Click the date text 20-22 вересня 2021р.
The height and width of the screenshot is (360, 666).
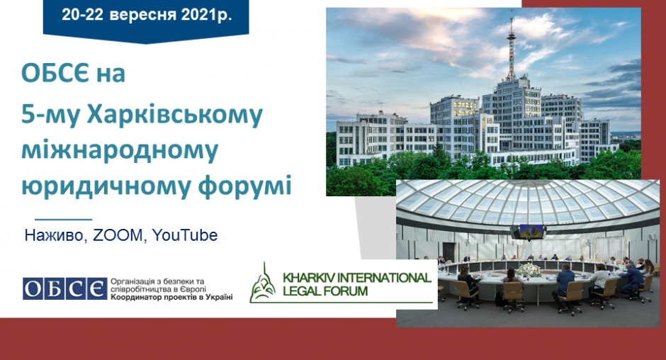click(147, 15)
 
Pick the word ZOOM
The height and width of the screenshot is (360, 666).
click(118, 235)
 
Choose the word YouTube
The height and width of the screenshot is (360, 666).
click(185, 235)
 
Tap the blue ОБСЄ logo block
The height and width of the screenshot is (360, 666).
click(65, 289)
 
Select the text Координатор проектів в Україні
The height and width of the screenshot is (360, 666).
click(171, 297)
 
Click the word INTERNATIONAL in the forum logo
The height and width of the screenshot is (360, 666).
click(374, 278)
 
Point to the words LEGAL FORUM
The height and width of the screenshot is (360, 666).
click(325, 291)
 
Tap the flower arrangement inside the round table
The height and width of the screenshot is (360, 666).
click(529, 270)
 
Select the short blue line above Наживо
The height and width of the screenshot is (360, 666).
click(63, 220)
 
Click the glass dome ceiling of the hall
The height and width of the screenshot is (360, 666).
click(528, 201)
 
